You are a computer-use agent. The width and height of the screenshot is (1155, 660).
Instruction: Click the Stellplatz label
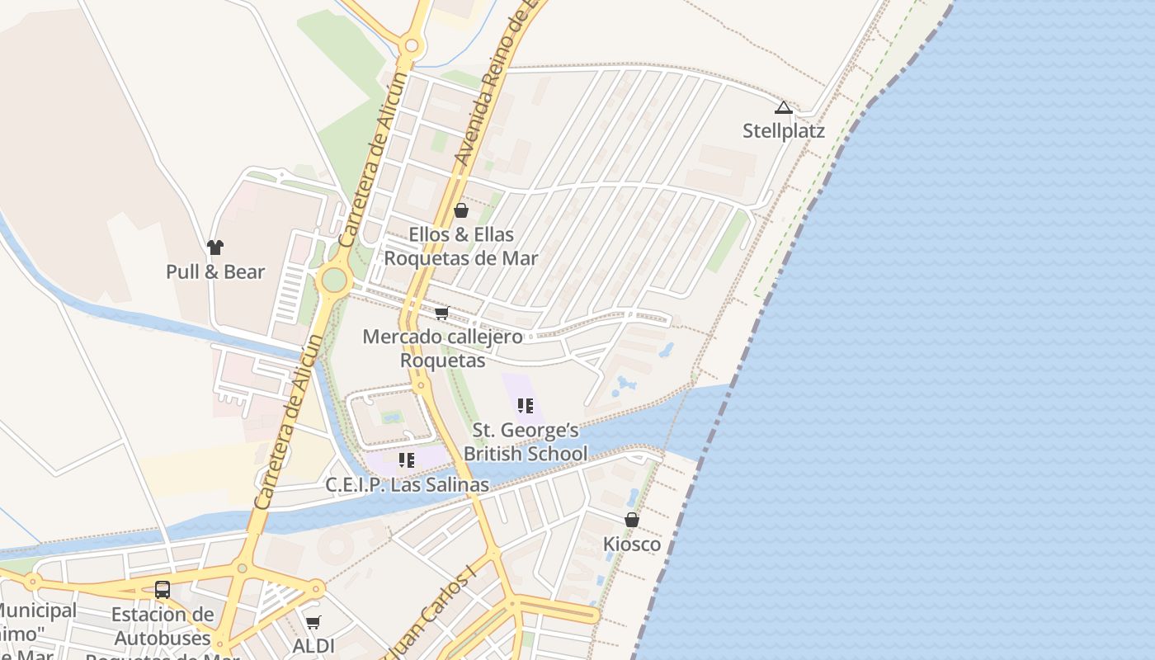click(783, 131)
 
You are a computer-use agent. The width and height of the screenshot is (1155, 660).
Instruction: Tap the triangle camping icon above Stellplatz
click(783, 107)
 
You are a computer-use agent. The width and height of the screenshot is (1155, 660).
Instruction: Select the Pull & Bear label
click(215, 271)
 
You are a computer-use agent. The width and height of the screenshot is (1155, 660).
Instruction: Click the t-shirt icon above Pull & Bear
click(215, 247)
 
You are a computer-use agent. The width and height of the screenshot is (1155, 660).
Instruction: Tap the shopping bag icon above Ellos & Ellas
click(461, 211)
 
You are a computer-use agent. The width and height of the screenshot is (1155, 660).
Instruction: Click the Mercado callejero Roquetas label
click(442, 348)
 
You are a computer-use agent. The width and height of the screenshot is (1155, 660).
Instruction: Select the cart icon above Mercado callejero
click(441, 313)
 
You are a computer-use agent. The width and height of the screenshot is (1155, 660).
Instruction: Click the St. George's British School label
click(526, 442)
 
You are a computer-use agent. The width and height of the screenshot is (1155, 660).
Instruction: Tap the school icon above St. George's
click(525, 406)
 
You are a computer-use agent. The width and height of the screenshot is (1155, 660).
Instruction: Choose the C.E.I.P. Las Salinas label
click(407, 485)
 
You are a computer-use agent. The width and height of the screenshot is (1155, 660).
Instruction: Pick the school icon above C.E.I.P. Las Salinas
click(406, 460)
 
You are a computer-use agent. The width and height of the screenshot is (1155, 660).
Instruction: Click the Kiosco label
click(632, 544)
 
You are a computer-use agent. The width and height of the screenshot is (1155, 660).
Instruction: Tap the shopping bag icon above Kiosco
click(632, 520)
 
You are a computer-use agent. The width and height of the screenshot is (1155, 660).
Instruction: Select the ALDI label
click(313, 645)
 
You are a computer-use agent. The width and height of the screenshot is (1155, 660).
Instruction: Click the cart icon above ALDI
click(313, 622)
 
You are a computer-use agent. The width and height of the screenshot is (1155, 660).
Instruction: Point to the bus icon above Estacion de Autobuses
click(163, 590)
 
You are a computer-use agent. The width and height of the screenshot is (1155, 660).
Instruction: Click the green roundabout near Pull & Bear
click(333, 280)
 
